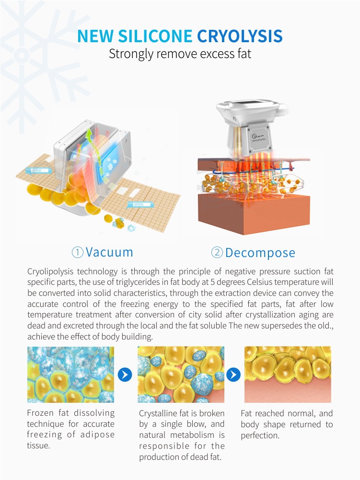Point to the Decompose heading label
(x=260, y=253)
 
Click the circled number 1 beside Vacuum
(x=78, y=252)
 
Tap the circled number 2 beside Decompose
(x=217, y=253)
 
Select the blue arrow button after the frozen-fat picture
(x=125, y=375)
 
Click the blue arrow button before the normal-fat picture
(x=233, y=375)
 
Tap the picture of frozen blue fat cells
(x=70, y=375)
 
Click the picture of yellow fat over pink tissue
(x=288, y=375)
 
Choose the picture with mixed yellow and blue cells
(x=181, y=375)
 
